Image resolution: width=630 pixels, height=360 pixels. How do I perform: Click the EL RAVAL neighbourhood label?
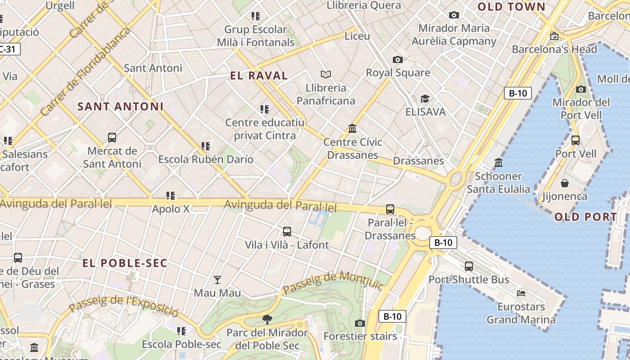[259, 76]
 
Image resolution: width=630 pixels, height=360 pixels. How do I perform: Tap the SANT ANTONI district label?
[121, 107]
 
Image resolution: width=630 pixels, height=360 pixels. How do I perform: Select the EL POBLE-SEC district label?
[125, 263]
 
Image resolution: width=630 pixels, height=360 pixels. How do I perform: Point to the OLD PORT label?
[585, 217]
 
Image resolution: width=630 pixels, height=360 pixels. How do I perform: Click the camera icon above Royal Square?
[397, 59]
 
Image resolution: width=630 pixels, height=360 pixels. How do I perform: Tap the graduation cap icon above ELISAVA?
[425, 99]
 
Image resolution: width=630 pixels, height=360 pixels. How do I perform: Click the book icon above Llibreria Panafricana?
[326, 74]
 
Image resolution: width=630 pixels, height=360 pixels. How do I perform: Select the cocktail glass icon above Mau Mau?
[217, 280]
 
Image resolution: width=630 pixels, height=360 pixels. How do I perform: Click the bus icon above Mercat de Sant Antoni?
[112, 137]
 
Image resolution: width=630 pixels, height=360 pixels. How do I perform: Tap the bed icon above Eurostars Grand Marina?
[521, 293]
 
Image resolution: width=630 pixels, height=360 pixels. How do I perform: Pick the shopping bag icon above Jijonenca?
[564, 183]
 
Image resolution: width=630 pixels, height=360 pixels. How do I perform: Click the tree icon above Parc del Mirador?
[267, 319]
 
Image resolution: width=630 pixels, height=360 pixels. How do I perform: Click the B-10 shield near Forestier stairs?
[392, 316]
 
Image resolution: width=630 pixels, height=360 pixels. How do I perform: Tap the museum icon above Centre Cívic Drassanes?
[353, 129]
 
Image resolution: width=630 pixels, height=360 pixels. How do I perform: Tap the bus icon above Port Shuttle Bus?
[469, 266]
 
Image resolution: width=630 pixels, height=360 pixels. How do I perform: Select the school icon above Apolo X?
[171, 196]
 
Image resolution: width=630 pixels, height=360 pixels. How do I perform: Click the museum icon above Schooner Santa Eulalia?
[498, 162]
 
